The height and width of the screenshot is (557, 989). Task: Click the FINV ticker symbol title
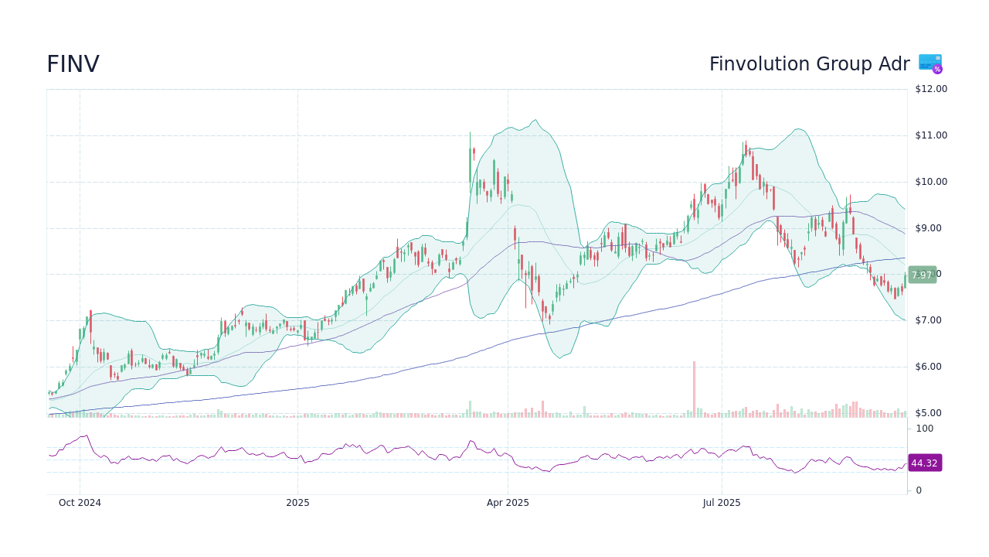(73, 65)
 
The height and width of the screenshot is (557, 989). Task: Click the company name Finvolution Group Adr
(809, 65)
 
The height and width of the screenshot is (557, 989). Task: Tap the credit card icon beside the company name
(930, 63)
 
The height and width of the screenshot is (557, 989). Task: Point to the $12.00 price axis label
(930, 89)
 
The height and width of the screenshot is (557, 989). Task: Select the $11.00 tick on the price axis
(930, 135)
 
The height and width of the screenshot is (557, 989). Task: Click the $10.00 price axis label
(930, 182)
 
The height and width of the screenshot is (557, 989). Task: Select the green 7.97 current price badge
(922, 275)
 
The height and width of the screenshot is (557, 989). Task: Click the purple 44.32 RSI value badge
(924, 463)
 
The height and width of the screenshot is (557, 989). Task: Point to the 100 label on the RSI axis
(924, 429)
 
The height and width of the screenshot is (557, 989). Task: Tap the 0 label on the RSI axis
(919, 490)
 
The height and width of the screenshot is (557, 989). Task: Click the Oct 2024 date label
(80, 503)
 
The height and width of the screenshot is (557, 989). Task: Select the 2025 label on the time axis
(297, 503)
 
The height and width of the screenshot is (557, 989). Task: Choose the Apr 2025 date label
(508, 503)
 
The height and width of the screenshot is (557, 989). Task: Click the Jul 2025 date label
(722, 503)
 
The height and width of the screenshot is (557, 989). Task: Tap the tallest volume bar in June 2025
(694, 389)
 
